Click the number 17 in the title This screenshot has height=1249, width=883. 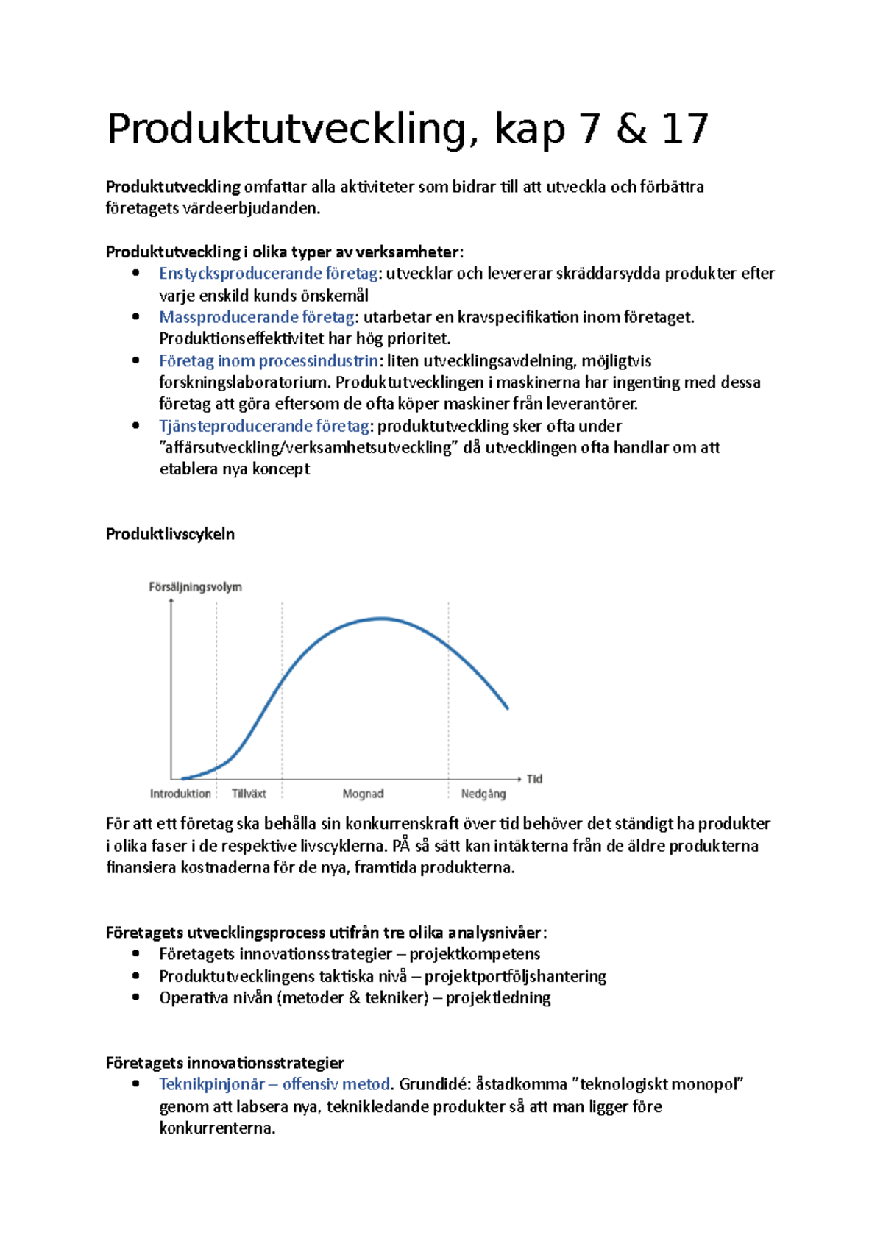(684, 129)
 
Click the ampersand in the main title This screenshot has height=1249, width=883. (631, 129)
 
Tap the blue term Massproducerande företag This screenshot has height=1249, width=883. (257, 317)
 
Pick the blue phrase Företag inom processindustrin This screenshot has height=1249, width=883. (269, 360)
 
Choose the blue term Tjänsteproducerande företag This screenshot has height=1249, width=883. (264, 426)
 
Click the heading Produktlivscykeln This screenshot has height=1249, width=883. (170, 534)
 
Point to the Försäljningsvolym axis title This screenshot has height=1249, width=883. (195, 587)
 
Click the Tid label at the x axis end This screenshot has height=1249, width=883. (534, 778)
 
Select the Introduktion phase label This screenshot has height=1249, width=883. (180, 794)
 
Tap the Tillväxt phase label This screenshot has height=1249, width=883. (249, 794)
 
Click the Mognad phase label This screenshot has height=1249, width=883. (363, 794)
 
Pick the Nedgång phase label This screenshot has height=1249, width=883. (483, 794)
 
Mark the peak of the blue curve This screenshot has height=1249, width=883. (382, 619)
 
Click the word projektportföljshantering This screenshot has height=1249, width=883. (515, 976)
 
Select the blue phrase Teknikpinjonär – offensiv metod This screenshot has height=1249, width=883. (274, 1084)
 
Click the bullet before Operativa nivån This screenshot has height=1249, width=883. (135, 997)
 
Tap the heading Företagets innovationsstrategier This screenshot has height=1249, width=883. (224, 1063)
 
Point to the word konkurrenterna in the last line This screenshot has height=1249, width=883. (217, 1128)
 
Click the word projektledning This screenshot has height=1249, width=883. (498, 998)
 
